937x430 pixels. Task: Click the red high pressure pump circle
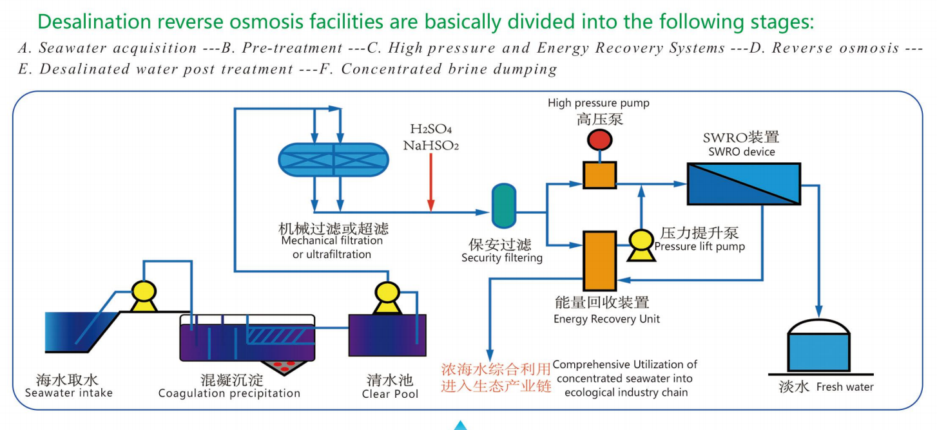(599, 140)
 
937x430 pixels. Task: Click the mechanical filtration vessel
(333, 158)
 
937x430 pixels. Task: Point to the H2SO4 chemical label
(430, 131)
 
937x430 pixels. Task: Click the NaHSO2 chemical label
(430, 146)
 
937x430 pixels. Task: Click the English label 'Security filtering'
(502, 258)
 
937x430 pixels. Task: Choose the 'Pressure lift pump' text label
(699, 247)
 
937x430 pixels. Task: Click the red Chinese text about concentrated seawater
(496, 377)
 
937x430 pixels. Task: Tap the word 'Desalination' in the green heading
(95, 21)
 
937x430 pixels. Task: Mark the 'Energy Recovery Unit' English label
(606, 319)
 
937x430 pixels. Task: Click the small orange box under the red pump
(599, 174)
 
